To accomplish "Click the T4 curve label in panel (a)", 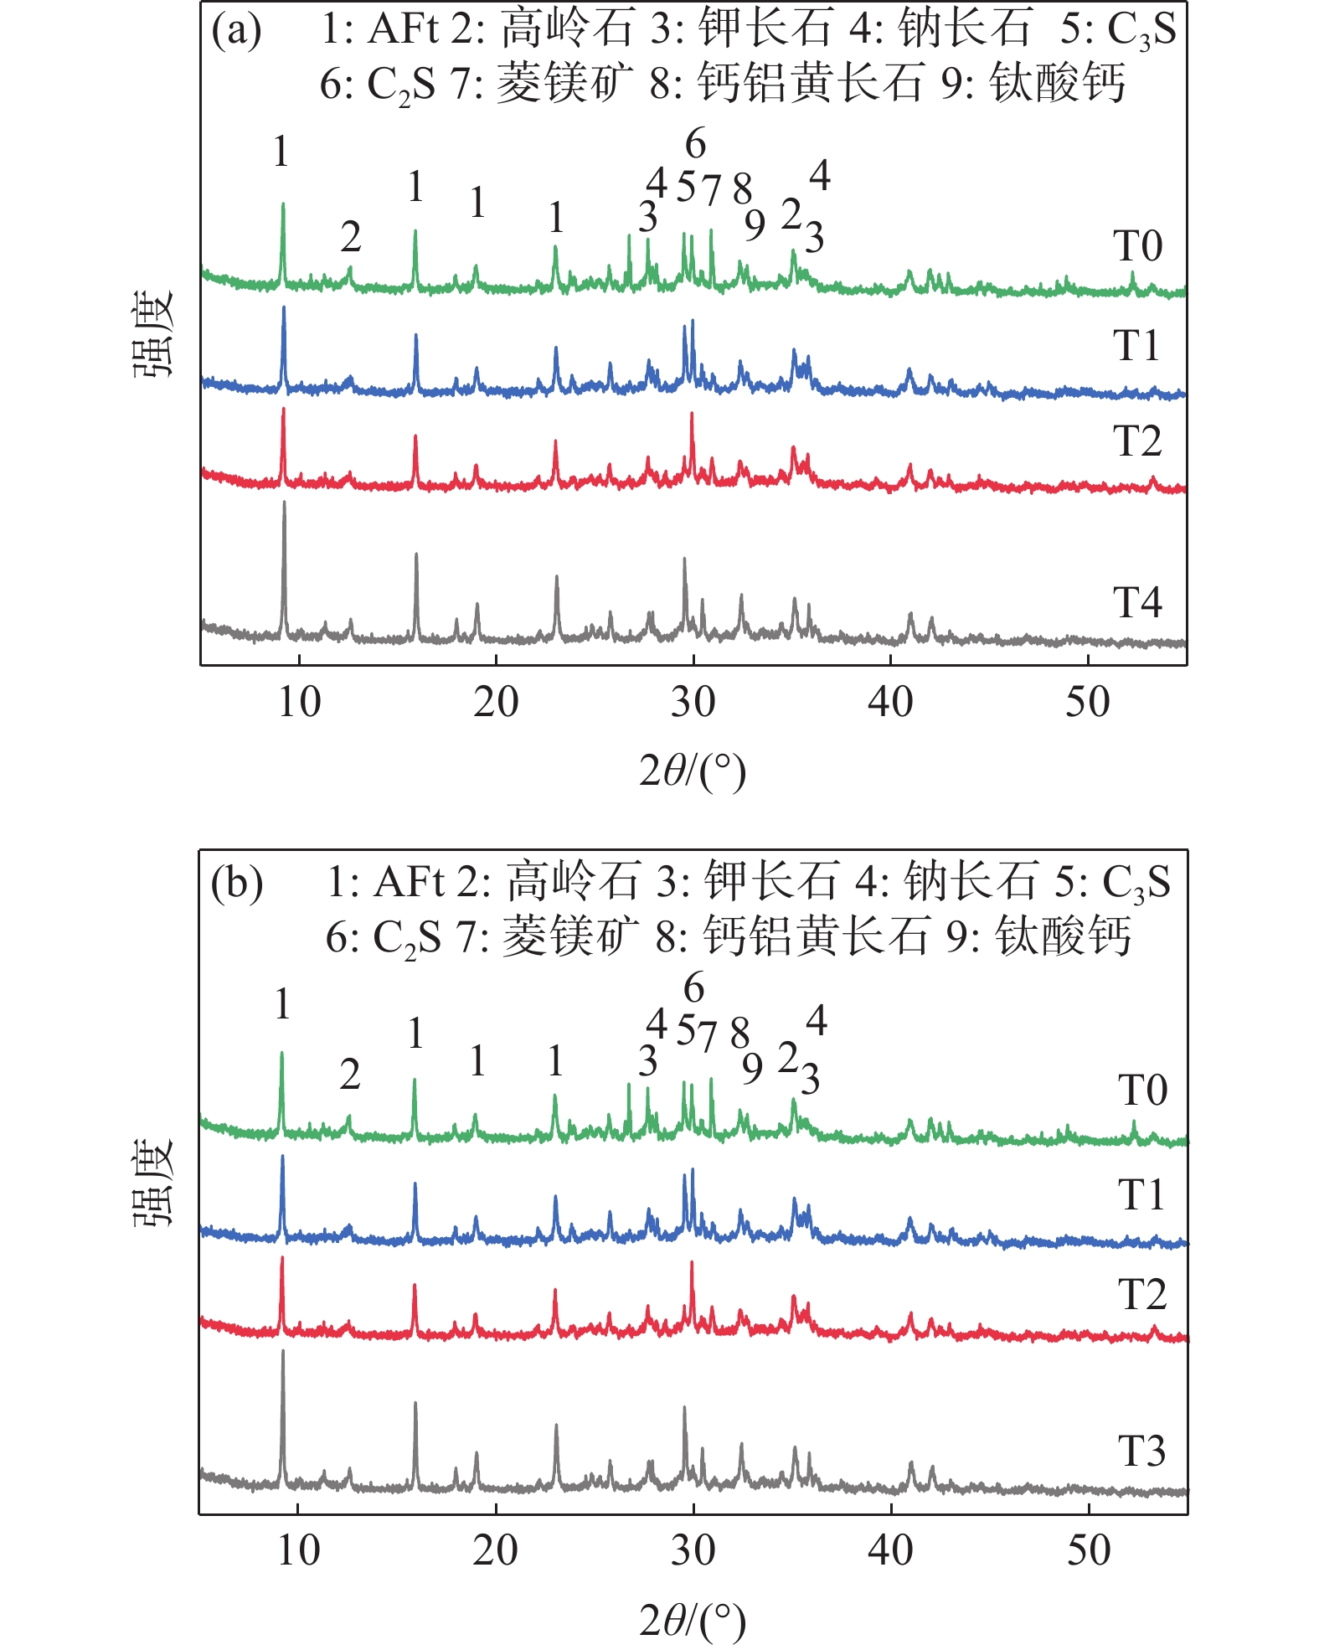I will point(1136,602).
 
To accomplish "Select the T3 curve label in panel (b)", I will point(1141,1451).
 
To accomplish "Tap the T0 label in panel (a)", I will point(1137,246).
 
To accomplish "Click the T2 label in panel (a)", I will point(1136,441).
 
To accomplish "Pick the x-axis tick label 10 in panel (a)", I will point(299,702).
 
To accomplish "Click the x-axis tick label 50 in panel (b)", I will point(1088,1550).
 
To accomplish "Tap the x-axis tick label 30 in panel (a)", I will point(693,702).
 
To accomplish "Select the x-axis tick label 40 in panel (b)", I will point(890,1550).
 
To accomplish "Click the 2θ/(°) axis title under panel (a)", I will point(692,771).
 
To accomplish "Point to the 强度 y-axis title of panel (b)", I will point(153,1182).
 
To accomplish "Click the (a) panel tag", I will point(236,32).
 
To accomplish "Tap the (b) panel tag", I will point(237,883).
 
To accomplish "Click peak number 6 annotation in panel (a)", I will point(695,144).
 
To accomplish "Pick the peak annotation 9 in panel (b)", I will point(752,1068).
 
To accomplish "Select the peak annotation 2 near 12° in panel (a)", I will point(350,237).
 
